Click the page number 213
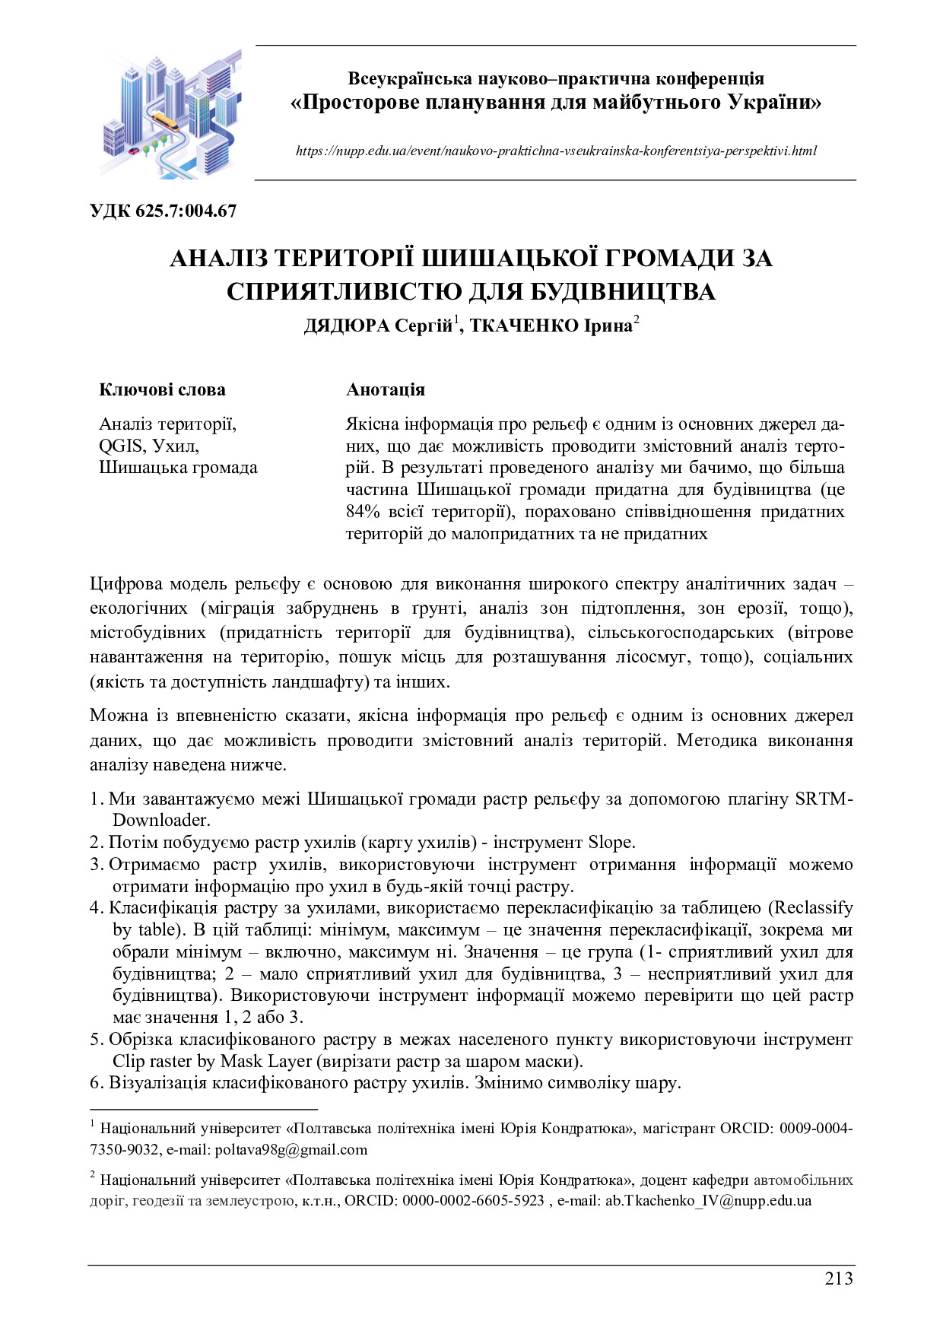click(839, 1278)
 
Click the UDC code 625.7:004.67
click(186, 211)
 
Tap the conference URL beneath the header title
click(556, 151)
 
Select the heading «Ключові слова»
click(162, 389)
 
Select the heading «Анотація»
click(386, 389)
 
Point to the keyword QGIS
click(121, 446)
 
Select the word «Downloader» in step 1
click(160, 820)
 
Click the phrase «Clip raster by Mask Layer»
click(212, 1061)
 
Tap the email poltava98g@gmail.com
click(291, 1149)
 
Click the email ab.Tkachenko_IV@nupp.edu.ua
click(708, 1201)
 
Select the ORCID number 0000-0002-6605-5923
click(473, 1201)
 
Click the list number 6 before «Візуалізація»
click(95, 1083)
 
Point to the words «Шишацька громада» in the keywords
click(178, 468)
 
